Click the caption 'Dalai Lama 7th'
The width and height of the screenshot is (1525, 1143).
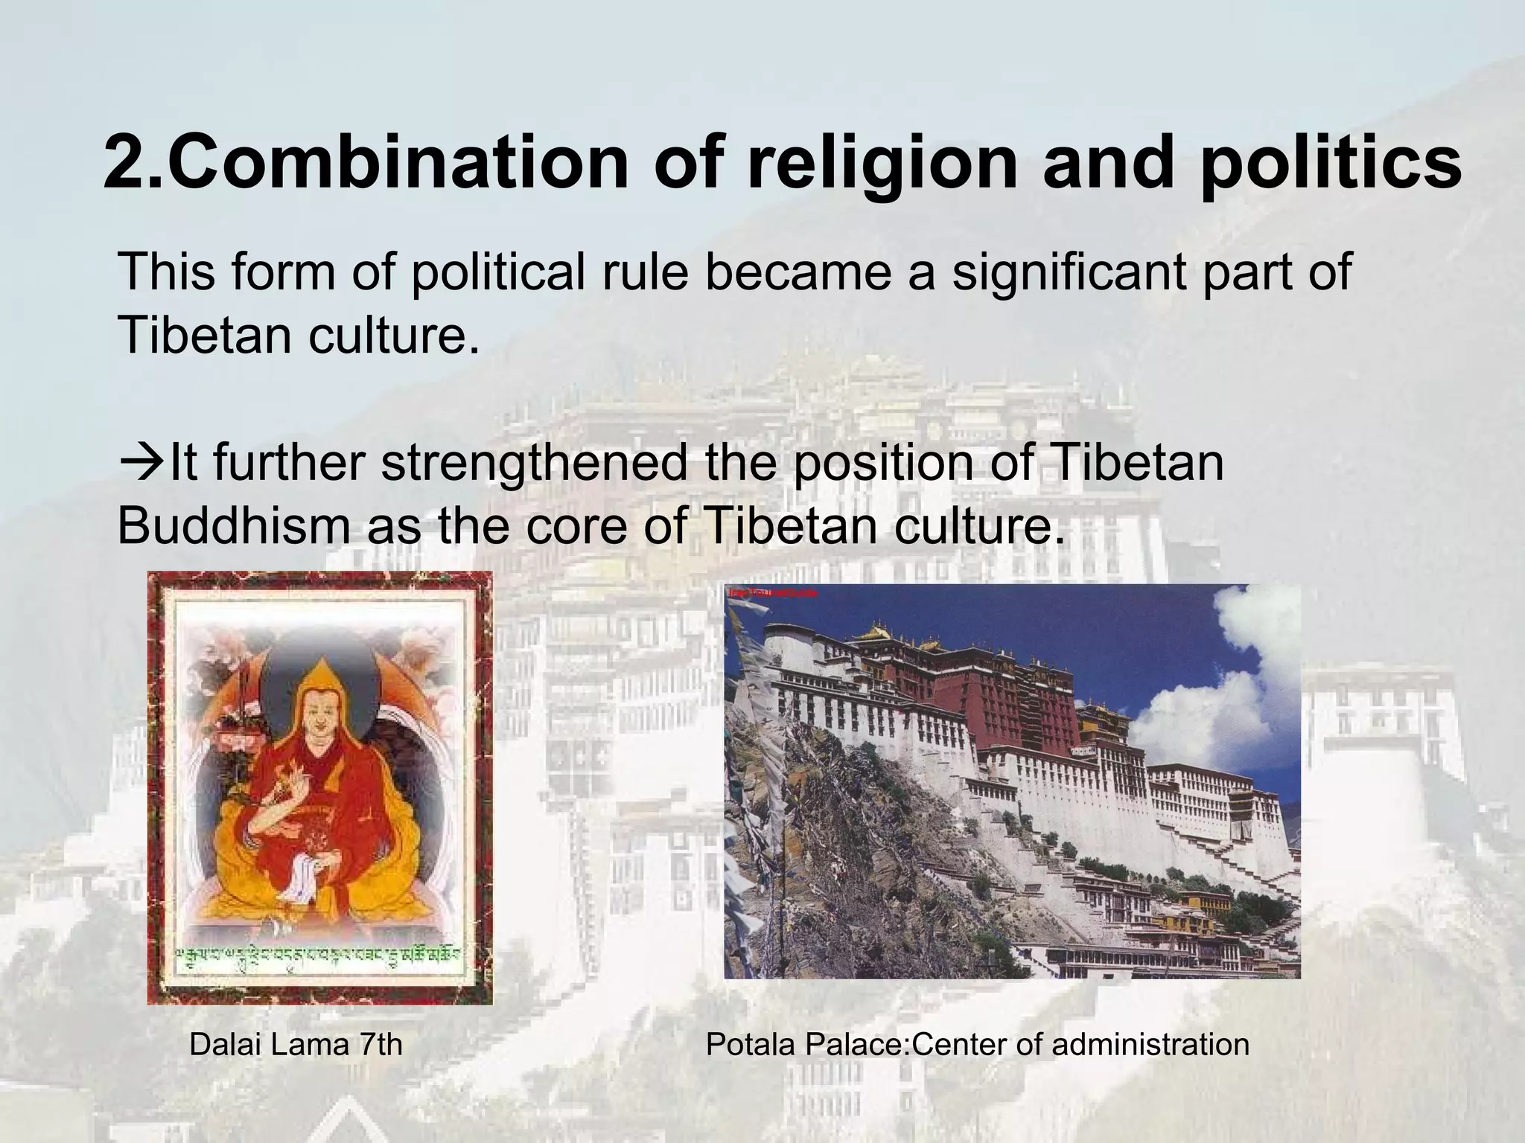296,1044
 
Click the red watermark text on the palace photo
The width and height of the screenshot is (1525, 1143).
773,593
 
